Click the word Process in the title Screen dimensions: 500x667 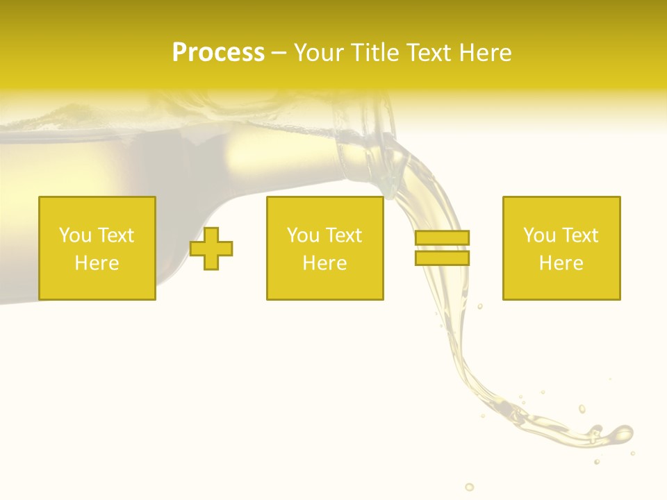[x=218, y=53]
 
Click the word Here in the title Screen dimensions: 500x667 [x=486, y=53]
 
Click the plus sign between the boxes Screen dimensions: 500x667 [x=211, y=249]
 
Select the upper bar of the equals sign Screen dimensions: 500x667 [x=442, y=237]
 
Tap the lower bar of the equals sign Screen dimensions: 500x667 [x=442, y=258]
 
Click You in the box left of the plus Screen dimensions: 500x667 [x=74, y=235]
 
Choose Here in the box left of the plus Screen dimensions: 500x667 [x=97, y=263]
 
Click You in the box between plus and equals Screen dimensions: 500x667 [x=302, y=235]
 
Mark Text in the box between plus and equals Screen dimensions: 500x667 [x=344, y=235]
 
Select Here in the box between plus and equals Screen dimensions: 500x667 [x=324, y=263]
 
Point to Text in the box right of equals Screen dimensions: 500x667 [x=580, y=235]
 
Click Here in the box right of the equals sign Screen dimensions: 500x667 [x=561, y=263]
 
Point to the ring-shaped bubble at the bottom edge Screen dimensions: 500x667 [x=470, y=487]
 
